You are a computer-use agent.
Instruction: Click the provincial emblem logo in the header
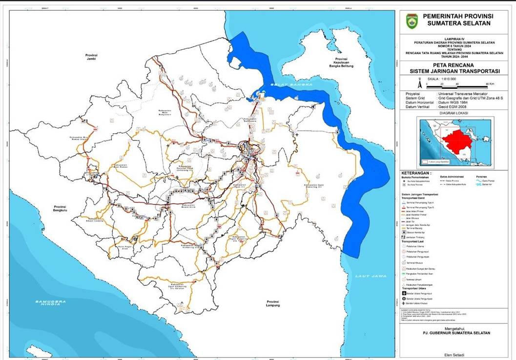tap(412, 21)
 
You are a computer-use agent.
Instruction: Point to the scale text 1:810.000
tap(442, 78)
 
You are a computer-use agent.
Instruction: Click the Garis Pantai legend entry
tap(488, 180)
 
